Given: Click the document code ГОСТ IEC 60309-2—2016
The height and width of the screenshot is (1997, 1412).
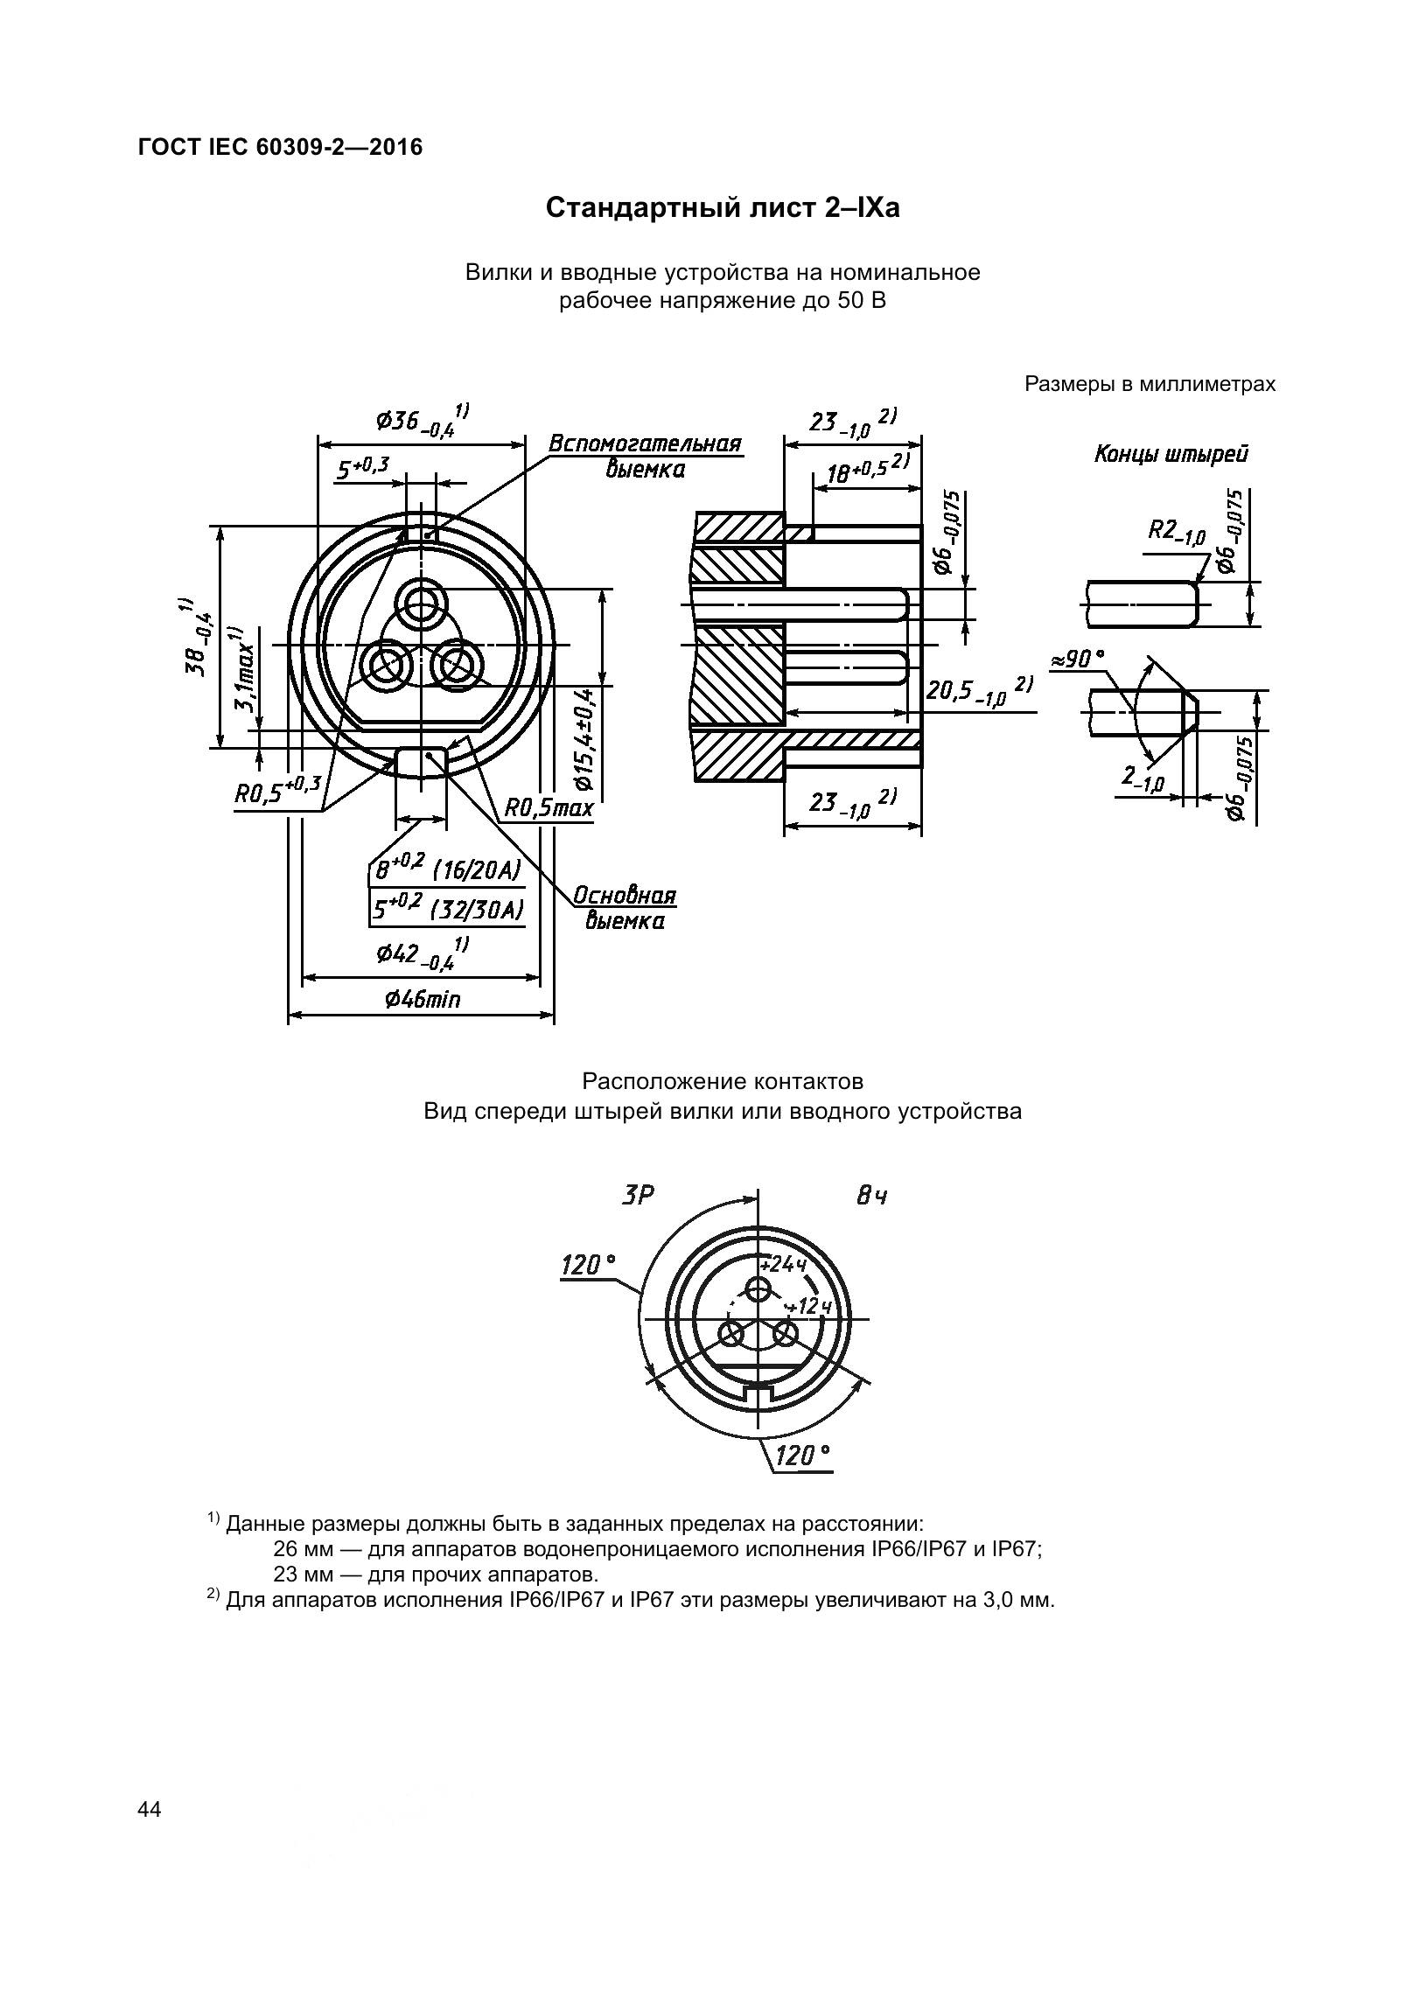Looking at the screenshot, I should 280,147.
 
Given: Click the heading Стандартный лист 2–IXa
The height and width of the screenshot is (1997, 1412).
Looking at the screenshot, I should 723,209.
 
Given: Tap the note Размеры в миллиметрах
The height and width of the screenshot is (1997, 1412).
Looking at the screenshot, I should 1150,384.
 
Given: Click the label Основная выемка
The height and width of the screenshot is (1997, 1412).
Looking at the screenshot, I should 625,909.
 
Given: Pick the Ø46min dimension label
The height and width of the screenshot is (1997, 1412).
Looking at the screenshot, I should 422,998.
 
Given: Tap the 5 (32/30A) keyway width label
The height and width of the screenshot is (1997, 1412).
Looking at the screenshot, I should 447,911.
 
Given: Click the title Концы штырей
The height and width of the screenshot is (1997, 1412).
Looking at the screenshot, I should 1171,454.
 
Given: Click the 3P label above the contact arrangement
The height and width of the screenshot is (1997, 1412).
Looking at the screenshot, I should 638,1195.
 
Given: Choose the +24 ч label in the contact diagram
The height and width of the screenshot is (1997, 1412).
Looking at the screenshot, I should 782,1265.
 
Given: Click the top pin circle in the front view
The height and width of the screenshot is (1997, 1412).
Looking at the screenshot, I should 422,603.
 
